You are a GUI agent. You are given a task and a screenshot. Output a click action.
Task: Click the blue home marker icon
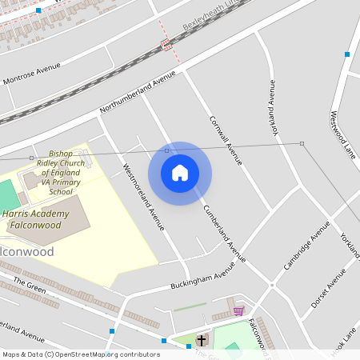180,173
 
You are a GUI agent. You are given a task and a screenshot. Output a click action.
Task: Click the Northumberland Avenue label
138,91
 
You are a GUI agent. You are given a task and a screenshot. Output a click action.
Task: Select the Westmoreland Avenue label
143,197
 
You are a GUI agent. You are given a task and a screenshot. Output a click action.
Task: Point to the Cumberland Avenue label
224,233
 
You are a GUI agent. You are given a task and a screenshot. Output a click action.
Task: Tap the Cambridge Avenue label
306,245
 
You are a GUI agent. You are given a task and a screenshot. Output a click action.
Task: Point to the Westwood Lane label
342,128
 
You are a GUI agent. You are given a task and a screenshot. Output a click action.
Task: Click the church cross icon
201,340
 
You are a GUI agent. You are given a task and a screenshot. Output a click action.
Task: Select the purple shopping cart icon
238,310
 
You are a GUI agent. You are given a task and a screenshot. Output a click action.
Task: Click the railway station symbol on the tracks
166,45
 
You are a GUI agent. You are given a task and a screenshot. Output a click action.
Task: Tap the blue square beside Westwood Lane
346,54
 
